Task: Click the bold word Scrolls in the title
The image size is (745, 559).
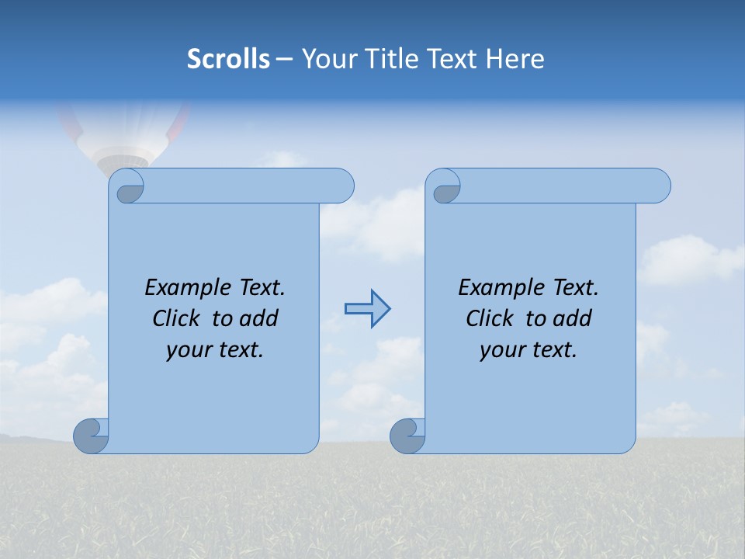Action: tap(229, 58)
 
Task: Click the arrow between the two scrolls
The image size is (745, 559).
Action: tap(367, 309)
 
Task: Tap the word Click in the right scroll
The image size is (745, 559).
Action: tap(490, 318)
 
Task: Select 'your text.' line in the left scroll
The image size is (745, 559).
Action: tap(215, 349)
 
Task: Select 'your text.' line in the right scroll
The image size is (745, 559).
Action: tap(528, 349)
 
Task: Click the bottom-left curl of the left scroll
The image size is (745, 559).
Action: tap(91, 436)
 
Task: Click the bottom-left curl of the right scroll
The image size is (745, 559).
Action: tap(407, 436)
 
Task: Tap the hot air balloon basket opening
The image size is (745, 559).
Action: tap(123, 161)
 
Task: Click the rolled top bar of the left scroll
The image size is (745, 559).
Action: tap(248, 186)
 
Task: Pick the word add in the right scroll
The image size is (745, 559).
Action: tap(573, 318)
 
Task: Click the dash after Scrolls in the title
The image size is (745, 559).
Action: tap(283, 59)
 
